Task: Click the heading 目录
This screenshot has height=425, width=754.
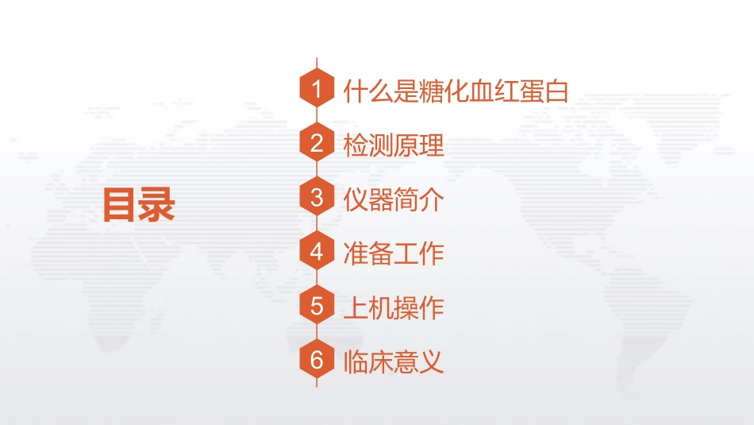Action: (138, 204)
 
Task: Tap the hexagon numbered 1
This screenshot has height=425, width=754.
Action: (317, 91)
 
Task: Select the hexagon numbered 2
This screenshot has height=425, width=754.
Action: (317, 144)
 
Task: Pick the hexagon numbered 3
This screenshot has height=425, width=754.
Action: (317, 198)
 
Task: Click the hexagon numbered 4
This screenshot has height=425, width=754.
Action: (317, 252)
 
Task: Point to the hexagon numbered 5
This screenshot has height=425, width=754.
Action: (317, 306)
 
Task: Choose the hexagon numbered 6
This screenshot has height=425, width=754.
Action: (317, 360)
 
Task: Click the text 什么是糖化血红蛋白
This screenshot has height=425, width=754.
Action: (456, 91)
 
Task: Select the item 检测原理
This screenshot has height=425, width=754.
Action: (393, 145)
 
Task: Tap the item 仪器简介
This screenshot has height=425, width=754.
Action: (393, 199)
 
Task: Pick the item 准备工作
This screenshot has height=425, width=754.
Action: (393, 253)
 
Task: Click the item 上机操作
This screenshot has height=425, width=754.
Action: (393, 307)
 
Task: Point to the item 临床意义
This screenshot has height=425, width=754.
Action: (393, 361)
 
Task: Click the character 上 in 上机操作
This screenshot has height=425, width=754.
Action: (356, 307)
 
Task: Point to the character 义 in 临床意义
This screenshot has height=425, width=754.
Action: (431, 361)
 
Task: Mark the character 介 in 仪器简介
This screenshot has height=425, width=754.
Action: (431, 199)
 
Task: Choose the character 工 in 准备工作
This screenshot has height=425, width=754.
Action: (406, 253)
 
